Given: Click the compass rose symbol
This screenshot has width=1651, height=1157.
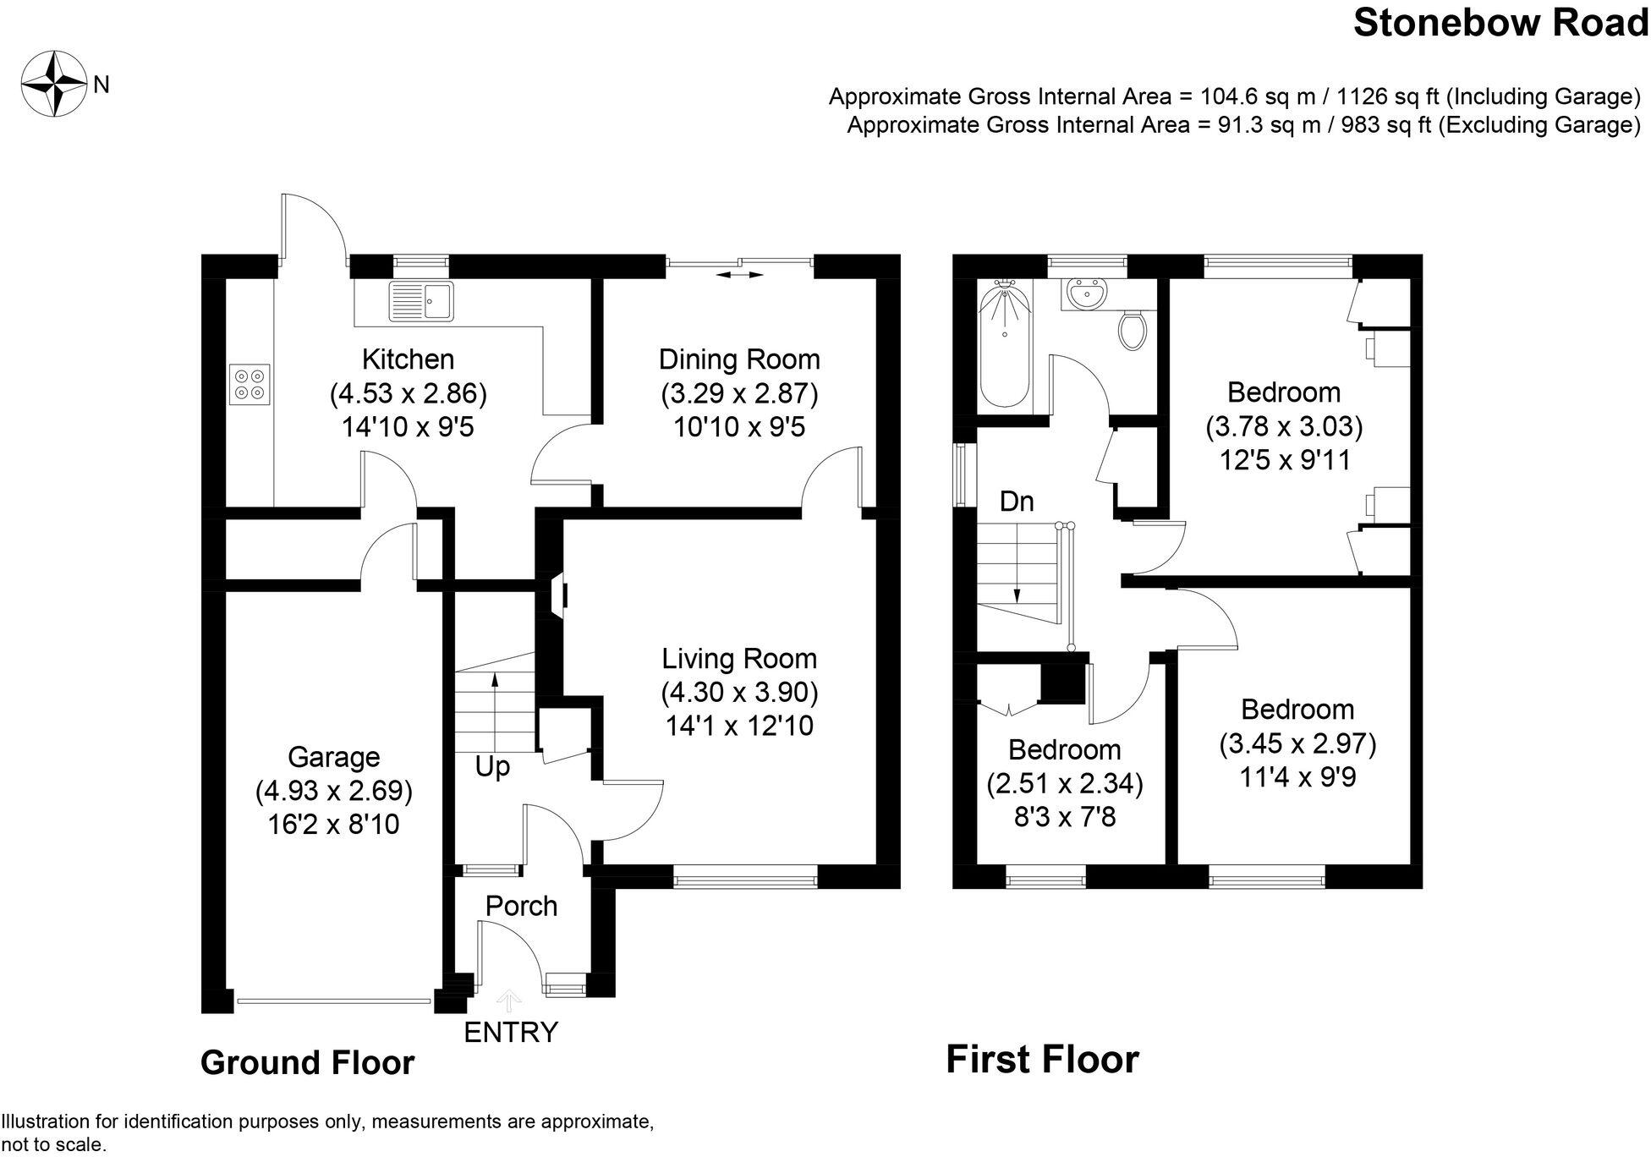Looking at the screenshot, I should pyautogui.click(x=54, y=85).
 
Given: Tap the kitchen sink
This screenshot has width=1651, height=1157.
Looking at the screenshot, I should pyautogui.click(x=421, y=302).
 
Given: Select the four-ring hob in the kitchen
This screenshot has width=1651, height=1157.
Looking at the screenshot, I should pyautogui.click(x=250, y=385).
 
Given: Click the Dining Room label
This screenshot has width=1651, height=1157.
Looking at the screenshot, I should pyautogui.click(x=739, y=359).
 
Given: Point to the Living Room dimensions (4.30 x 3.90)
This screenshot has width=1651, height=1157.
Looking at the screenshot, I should pyautogui.click(x=739, y=693).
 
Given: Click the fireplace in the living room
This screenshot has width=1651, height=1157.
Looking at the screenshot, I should pyautogui.click(x=559, y=595).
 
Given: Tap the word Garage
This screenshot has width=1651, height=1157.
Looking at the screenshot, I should pyautogui.click(x=333, y=757).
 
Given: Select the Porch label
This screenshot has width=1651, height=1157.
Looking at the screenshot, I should pyautogui.click(x=521, y=906).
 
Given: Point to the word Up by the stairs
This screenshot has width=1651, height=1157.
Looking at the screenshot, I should pyautogui.click(x=492, y=767).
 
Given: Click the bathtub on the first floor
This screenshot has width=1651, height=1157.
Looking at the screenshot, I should pyautogui.click(x=1005, y=347).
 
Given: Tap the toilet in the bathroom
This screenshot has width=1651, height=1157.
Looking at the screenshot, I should pyautogui.click(x=1132, y=329).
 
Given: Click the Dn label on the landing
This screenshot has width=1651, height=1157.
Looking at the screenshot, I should pyautogui.click(x=1016, y=502).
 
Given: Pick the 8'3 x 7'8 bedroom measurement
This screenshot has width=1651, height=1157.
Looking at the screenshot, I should pyautogui.click(x=1065, y=818).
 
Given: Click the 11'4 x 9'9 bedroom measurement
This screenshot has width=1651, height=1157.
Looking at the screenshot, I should pyautogui.click(x=1297, y=777).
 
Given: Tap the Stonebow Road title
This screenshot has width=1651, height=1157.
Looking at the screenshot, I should pyautogui.click(x=1500, y=23).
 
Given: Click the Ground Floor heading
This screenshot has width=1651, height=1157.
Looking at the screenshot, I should pyautogui.click(x=307, y=1063).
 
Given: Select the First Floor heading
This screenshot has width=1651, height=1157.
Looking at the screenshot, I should pyautogui.click(x=1042, y=1060).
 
